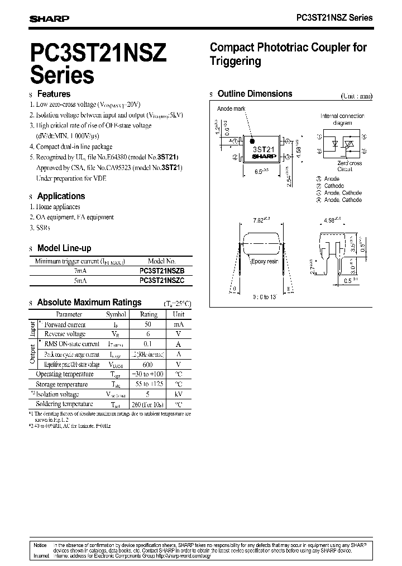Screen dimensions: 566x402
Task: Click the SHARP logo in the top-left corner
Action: (49, 18)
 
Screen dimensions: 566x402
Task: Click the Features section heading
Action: (54, 94)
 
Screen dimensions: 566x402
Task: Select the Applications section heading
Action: (61, 196)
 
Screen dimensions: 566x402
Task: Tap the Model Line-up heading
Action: (64, 248)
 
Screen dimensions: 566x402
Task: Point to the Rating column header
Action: (148, 314)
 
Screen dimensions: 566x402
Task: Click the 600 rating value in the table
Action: (148, 364)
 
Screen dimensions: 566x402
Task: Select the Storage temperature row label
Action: (61, 384)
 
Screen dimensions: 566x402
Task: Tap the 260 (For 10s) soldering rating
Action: (148, 404)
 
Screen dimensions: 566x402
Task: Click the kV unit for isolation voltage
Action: (178, 394)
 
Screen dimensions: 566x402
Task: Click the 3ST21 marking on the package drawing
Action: (264, 150)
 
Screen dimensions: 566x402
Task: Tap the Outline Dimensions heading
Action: (255, 94)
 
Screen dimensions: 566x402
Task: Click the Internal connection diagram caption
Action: (343, 119)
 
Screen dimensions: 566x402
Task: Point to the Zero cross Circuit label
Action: (350, 166)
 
